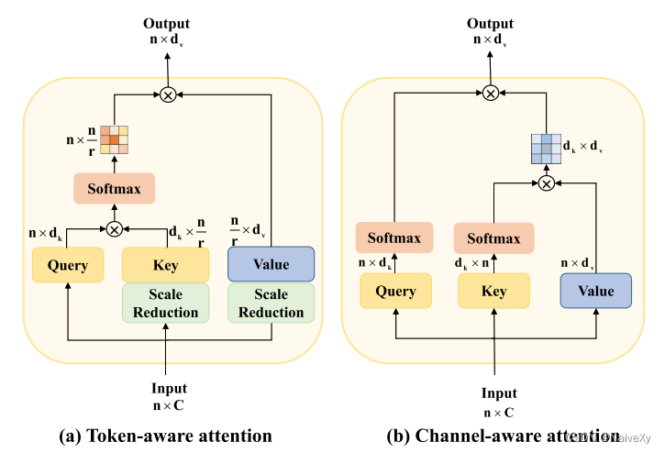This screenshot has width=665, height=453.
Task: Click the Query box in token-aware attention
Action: pos(69,266)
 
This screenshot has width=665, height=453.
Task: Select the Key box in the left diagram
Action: pos(166,266)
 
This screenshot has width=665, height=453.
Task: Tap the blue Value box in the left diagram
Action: pos(271,264)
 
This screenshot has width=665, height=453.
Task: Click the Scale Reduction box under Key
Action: pos(166,304)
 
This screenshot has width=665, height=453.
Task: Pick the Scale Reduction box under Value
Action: pos(271,304)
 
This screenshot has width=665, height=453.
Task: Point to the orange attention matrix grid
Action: pos(115,138)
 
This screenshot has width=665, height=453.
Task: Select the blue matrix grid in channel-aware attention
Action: pos(547,147)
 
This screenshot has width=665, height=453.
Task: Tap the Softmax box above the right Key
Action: pos(494,238)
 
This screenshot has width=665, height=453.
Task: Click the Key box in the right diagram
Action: pos(494,291)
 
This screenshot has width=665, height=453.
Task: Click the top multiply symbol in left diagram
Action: pos(168,94)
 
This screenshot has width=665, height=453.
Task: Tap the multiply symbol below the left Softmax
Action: pos(115,228)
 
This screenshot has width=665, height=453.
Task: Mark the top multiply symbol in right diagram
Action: pos(491,92)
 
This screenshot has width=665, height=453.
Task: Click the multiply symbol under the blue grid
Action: pos(547,183)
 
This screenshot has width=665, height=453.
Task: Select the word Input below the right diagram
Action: pos(499,393)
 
